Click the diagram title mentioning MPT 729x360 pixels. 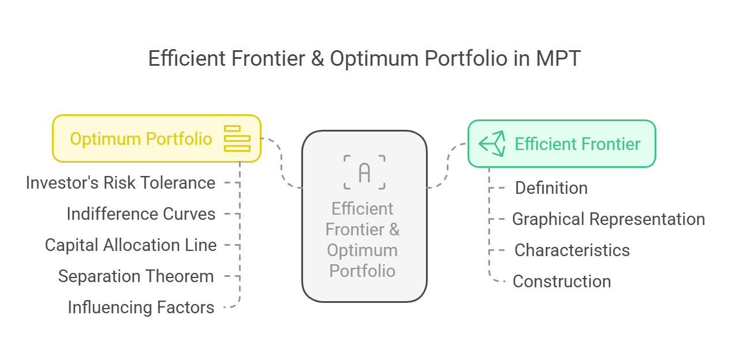365,58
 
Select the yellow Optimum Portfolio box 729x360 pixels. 156,138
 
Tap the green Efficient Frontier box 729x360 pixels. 562,144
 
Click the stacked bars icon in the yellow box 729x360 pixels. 237,138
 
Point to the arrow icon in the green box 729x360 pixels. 492,144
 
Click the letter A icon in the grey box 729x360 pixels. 365,172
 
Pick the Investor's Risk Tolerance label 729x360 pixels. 121,183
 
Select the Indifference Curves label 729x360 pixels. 141,214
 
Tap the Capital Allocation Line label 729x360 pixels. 130,245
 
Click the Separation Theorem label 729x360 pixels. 136,276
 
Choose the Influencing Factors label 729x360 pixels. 141,307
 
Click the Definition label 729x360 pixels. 551,188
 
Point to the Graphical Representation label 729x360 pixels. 608,219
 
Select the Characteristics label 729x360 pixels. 572,250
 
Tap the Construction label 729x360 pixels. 562,282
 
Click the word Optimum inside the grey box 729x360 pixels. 362,250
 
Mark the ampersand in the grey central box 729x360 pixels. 394,229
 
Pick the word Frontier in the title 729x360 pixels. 268,58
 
